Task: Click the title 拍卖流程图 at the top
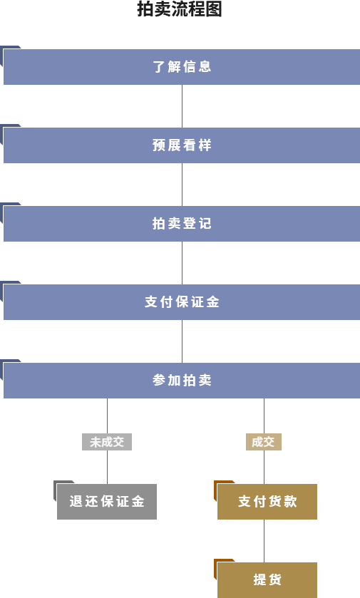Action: coord(180,9)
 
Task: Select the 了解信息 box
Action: coord(182,67)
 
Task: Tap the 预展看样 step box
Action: coord(182,145)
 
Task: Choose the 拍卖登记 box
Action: coord(182,224)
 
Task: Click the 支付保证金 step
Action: coord(182,302)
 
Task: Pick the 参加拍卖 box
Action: coord(182,381)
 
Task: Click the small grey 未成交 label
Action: coord(107,442)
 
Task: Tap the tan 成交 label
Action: coord(264,442)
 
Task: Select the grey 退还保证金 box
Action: coord(107,502)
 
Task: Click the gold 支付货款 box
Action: coord(267,502)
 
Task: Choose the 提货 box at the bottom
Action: coord(267,580)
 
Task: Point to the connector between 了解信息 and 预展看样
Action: coord(182,106)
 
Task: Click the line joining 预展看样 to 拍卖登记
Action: coord(182,185)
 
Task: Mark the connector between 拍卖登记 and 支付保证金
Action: coord(182,263)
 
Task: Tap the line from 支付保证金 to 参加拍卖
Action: coord(182,341)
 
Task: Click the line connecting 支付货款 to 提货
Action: coord(264,541)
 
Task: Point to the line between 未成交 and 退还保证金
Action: coord(107,467)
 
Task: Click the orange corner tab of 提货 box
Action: coord(215,563)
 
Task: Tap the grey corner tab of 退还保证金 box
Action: coord(55,485)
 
